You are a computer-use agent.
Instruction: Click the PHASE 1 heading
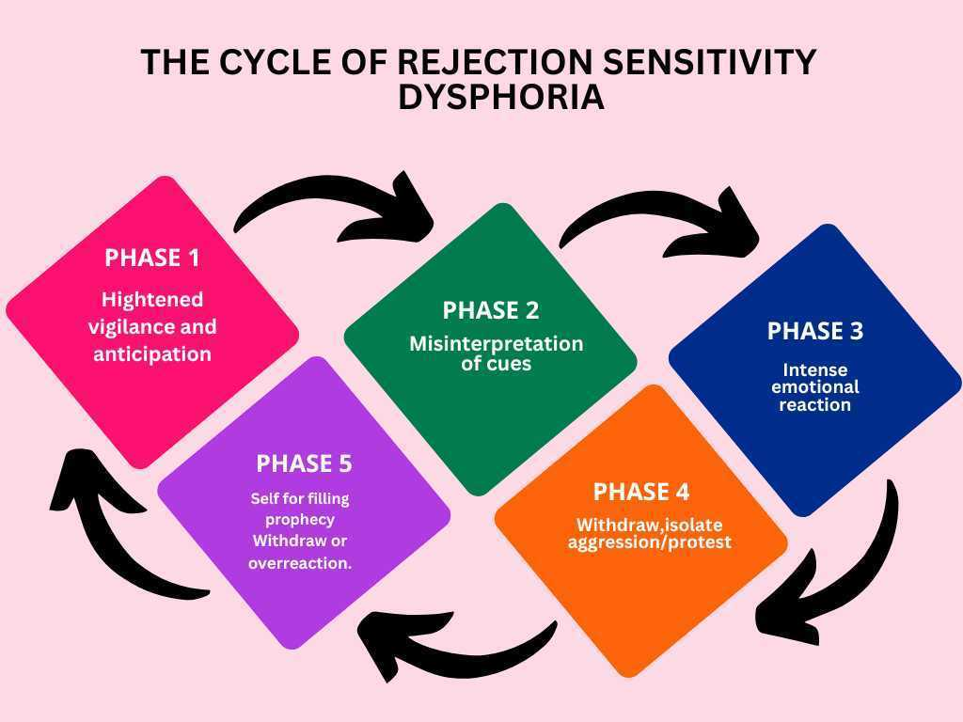(152, 259)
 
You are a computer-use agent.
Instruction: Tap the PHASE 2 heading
(490, 310)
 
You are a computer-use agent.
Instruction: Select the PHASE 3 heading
(814, 331)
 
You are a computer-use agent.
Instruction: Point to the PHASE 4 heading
(640, 492)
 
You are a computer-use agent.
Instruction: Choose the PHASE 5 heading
(304, 463)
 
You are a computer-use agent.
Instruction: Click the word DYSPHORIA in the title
(500, 97)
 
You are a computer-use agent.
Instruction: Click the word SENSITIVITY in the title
(708, 62)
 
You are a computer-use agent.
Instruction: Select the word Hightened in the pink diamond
(152, 300)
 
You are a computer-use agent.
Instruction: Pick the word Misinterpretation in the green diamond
(496, 344)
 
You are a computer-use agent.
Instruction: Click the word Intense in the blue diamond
(814, 369)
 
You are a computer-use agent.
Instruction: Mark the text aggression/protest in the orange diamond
(649, 542)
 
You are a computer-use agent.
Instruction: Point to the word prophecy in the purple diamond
(300, 519)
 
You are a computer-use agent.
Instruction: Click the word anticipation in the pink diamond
(152, 355)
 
